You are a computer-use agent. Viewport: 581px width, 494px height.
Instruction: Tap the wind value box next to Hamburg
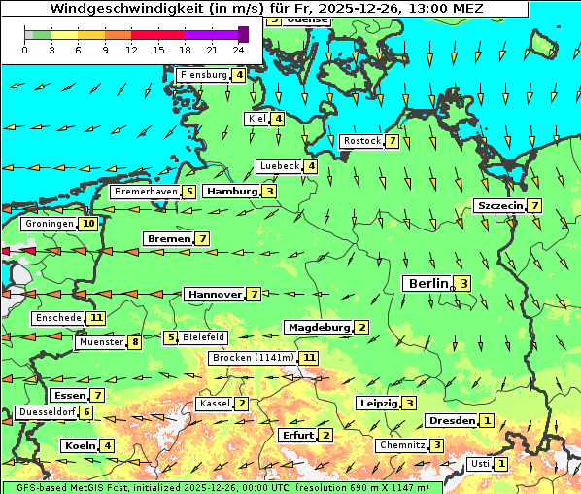pos(269,192)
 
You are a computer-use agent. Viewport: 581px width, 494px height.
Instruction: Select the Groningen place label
pos(50,224)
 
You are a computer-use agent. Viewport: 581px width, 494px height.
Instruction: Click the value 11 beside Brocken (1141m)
pos(309,358)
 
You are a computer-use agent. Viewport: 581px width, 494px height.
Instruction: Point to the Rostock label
pos(362,141)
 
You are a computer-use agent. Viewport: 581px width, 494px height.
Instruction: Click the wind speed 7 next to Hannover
pos(254,294)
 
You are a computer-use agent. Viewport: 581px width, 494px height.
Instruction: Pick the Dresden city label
pos(451,421)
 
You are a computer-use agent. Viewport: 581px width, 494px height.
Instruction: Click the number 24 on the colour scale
pos(238,49)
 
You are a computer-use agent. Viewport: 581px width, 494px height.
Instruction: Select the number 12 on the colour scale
pos(131,49)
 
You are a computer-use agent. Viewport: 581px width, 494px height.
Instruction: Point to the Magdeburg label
pos(318,327)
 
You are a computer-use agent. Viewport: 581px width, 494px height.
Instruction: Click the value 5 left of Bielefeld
pos(171,337)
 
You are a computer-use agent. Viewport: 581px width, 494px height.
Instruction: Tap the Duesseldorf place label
pos(47,412)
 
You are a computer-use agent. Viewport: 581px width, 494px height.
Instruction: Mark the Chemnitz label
pos(402,445)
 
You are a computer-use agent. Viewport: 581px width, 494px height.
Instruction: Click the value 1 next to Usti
pos(500,464)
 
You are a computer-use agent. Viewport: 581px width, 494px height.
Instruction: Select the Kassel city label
pos(214,404)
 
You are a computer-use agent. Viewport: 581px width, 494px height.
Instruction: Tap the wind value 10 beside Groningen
pos(88,224)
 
